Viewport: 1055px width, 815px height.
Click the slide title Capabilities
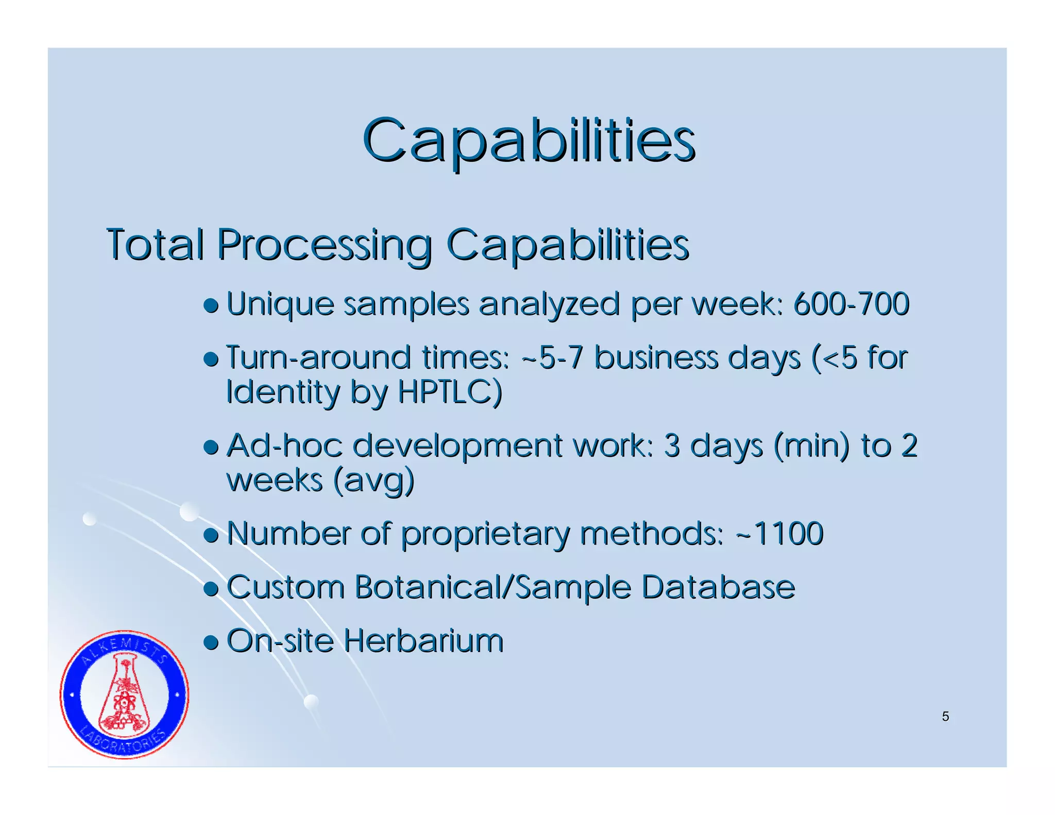529,140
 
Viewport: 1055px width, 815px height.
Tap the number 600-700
851,304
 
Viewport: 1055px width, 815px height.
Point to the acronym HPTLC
449,392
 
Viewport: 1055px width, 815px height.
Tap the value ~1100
779,533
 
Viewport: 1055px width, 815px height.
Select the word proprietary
485,534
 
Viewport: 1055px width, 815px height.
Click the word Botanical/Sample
492,587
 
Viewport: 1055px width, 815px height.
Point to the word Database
718,587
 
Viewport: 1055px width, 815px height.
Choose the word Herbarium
423,641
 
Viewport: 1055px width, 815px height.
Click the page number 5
945,717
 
